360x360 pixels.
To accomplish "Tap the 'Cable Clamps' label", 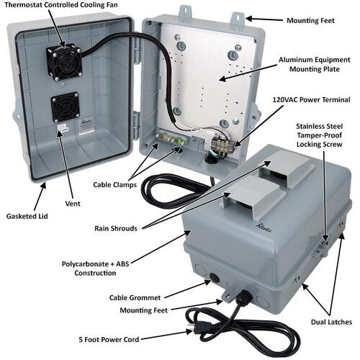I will [x=117, y=184].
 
